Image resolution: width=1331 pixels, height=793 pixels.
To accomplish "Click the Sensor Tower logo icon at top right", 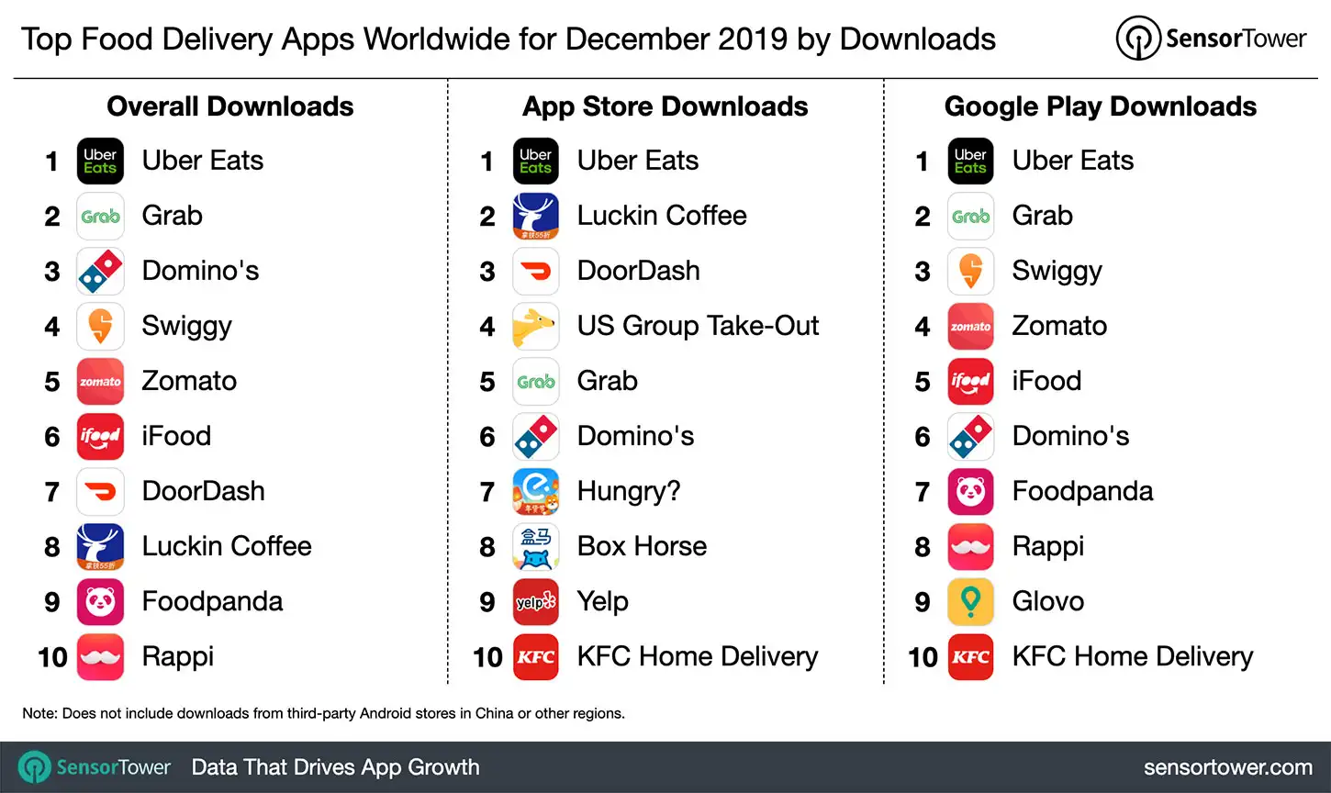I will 1138,39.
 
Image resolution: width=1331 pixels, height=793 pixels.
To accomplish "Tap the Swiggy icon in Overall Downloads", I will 100,326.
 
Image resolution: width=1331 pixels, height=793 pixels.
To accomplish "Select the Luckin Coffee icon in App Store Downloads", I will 535,216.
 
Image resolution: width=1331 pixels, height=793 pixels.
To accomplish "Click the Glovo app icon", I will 970,601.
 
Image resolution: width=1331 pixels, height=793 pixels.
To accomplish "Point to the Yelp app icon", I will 535,601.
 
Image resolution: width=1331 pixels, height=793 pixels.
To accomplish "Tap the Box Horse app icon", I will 535,546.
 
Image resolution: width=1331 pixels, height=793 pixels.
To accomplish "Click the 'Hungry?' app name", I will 629,491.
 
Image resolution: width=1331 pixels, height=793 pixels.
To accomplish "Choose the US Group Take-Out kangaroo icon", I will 535,326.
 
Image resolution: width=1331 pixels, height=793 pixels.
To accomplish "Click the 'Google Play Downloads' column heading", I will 1100,106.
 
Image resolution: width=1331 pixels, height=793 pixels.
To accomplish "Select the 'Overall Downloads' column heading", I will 229,106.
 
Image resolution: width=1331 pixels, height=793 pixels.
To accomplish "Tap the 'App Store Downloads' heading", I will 665,106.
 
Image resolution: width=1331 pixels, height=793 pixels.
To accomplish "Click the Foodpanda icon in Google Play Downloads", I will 970,491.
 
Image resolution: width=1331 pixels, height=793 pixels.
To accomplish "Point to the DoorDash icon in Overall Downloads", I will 100,491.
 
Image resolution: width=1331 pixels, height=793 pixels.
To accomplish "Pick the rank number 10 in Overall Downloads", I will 52,657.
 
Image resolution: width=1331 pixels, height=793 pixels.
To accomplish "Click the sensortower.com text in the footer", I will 1227,767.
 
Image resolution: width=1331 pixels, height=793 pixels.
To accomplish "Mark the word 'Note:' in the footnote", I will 39,713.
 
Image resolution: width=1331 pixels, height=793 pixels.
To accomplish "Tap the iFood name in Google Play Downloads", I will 1046,381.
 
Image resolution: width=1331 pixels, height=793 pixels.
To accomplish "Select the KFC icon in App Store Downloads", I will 535,656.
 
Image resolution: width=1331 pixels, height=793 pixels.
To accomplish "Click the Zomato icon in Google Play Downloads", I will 970,326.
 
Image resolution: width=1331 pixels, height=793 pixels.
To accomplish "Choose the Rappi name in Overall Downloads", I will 177,656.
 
